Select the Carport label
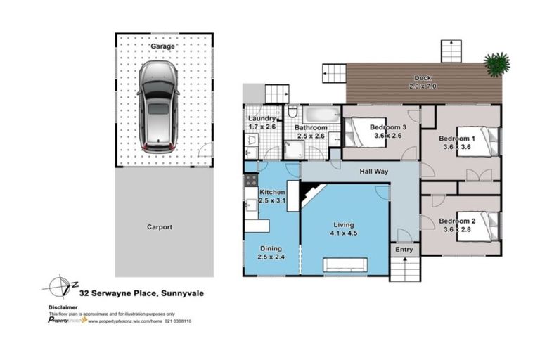coord(160,227)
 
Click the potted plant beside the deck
coord(498,63)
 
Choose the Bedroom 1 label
coord(457,139)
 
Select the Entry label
coord(404,250)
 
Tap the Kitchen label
coord(272,192)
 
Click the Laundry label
coord(262,119)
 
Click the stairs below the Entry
coord(404,269)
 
